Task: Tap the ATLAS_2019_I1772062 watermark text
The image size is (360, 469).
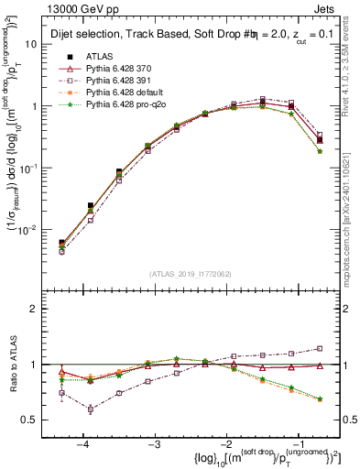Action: click(x=190, y=273)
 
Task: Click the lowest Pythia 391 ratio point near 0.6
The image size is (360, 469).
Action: click(x=91, y=409)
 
